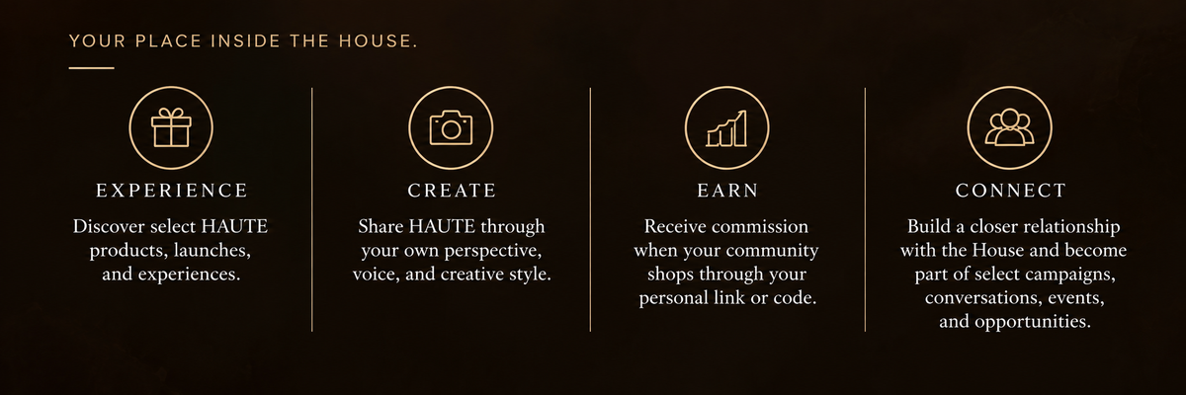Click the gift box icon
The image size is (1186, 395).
(171, 128)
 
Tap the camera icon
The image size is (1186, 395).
(451, 128)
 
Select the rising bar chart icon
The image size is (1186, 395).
(726, 128)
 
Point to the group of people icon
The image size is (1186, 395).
(1009, 127)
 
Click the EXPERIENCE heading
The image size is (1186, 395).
(172, 191)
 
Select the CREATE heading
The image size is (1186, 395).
(452, 191)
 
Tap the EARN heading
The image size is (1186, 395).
(728, 191)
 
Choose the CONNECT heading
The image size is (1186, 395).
(1011, 191)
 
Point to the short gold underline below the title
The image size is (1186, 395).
(91, 68)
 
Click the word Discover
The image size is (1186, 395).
(109, 226)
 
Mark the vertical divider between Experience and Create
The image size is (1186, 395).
(312, 209)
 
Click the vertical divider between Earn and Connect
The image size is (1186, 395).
(865, 209)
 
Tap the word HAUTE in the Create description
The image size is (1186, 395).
(442, 226)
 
